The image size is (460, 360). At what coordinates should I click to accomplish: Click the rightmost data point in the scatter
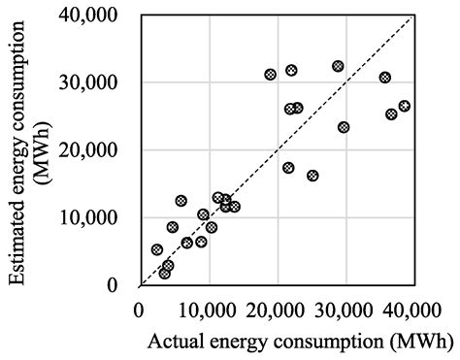point(404,106)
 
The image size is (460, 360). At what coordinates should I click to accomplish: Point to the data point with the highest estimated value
point(338,66)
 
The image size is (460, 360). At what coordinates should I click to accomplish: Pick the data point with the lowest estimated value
point(165,274)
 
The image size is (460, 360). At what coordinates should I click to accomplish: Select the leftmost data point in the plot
point(157,249)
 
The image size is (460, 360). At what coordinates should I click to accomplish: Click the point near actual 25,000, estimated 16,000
point(312,176)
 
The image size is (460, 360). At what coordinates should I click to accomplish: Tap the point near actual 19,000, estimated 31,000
point(271,74)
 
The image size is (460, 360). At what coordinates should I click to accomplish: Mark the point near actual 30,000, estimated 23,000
point(344,127)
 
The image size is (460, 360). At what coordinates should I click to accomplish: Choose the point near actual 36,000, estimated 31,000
point(385,77)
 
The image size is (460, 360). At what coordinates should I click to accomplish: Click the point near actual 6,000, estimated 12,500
point(181,201)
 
